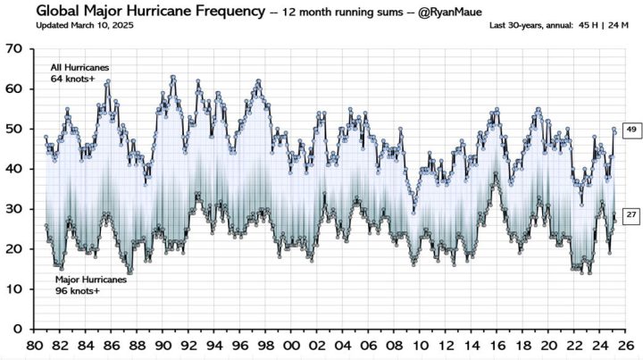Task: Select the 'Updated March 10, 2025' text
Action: click(80, 25)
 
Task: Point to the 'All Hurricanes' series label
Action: click(80, 67)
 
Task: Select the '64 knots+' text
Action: click(71, 79)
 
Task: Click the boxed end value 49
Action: click(630, 130)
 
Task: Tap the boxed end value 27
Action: click(630, 215)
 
